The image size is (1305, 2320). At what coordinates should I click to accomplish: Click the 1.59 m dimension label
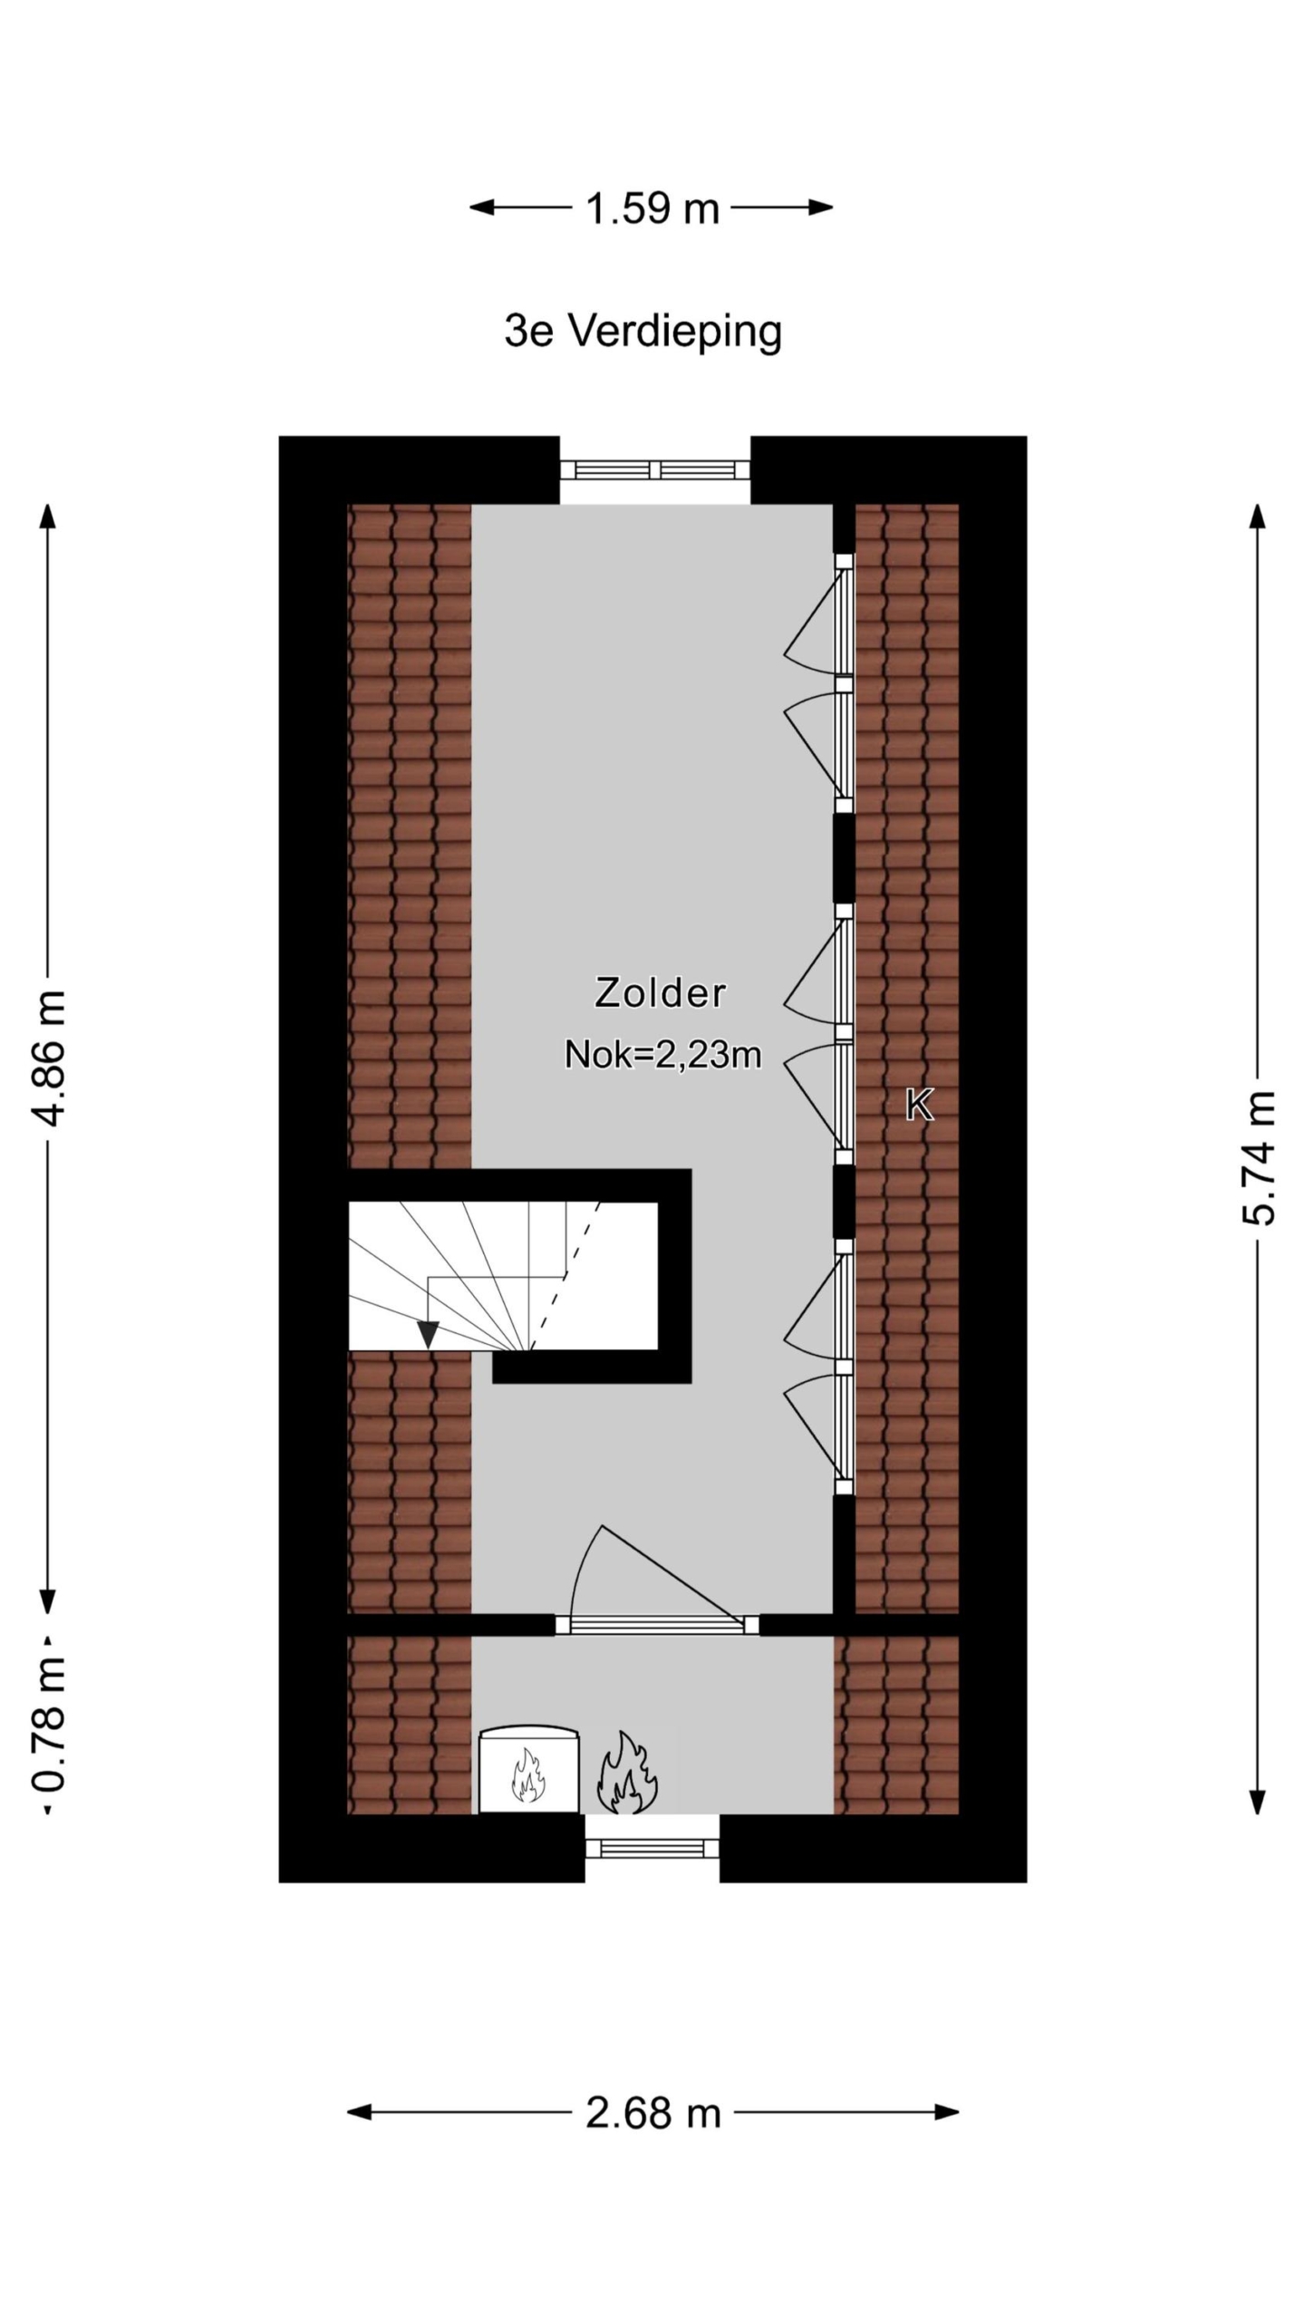[652, 208]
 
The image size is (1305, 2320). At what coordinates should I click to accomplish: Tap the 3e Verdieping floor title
[643, 332]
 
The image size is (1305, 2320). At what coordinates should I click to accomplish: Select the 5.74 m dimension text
[1258, 1157]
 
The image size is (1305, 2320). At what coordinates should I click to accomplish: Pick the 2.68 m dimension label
[652, 2113]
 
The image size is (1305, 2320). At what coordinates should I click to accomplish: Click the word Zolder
[660, 992]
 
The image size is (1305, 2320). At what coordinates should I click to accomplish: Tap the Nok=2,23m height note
[662, 1054]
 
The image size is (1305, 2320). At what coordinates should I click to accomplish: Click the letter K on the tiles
[919, 1106]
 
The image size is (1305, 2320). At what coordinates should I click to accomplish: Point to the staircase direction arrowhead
[428, 1333]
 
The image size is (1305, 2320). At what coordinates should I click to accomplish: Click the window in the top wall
[654, 469]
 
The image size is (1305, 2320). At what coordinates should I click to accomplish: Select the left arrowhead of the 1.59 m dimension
[481, 208]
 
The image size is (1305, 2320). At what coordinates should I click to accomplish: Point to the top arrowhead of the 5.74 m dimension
[1258, 516]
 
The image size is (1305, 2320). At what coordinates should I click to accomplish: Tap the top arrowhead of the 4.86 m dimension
[49, 516]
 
